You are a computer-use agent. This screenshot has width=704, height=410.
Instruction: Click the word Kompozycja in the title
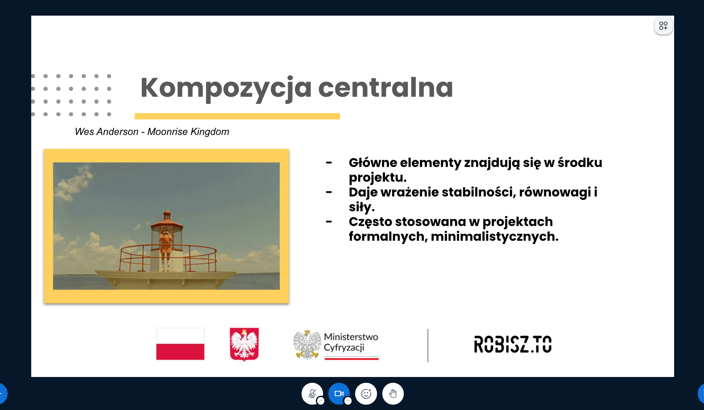[x=226, y=88]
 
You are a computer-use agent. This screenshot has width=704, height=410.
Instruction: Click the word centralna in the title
[x=385, y=87]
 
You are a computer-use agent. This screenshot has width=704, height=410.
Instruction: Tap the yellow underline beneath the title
[x=237, y=116]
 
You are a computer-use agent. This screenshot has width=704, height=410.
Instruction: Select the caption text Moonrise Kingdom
[x=188, y=132]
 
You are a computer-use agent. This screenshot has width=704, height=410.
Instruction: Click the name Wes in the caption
[x=84, y=132]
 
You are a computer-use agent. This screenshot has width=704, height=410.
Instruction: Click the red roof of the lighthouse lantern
[x=167, y=221]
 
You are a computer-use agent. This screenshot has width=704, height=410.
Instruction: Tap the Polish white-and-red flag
[x=180, y=344]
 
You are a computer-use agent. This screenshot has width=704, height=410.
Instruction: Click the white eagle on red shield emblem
[x=244, y=344]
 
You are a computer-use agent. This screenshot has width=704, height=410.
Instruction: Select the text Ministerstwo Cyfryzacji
[x=351, y=342]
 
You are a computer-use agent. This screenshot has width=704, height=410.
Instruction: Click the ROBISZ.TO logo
[x=513, y=344]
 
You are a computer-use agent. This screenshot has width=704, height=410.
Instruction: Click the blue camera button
[x=339, y=393]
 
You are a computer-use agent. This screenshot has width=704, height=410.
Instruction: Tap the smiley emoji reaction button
[x=366, y=393]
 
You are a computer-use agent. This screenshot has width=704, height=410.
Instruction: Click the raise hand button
[x=393, y=393]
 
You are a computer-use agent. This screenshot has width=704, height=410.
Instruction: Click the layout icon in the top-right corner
[x=663, y=26]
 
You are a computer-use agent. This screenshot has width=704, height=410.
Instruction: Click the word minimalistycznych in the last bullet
[x=495, y=236]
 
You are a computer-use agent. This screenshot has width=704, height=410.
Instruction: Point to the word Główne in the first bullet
[x=373, y=163]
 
